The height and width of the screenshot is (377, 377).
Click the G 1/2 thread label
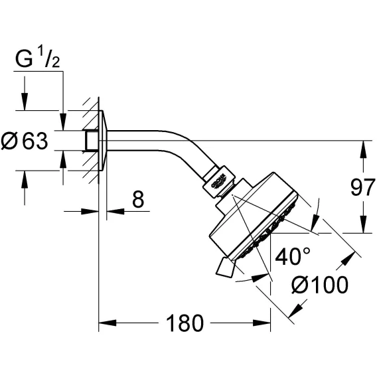pos(38,59)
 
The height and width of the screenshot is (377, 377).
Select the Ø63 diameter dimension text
pos(25,141)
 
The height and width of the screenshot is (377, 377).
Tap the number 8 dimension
pos(138,199)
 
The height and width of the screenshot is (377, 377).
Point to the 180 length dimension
pos(185,323)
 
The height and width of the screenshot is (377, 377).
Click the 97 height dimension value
pos(363,187)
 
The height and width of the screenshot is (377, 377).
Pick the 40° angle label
pos(293,256)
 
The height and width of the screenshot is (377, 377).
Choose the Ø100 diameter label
pos(320,285)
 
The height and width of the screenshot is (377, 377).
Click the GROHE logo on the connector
pos(218,181)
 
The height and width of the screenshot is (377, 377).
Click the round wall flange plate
pos(103,141)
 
